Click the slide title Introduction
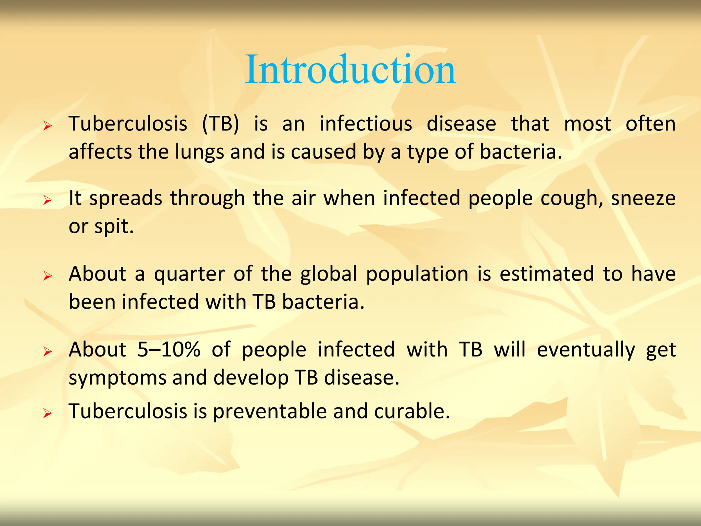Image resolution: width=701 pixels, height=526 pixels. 350,70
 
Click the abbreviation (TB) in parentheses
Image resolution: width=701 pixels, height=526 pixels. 220,124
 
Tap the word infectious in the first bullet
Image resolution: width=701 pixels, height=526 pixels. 366,124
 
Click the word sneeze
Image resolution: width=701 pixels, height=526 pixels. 643,199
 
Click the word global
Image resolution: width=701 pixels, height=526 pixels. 329,274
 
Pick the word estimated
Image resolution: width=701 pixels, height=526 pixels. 547,274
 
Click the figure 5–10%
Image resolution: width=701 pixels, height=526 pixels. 169,350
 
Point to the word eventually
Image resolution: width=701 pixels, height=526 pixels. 586,350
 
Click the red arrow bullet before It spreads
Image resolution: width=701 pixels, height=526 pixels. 48,200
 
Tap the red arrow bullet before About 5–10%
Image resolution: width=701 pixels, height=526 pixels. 48,352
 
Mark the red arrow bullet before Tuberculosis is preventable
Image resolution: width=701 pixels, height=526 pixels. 48,414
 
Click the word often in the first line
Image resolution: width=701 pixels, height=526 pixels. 650,124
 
